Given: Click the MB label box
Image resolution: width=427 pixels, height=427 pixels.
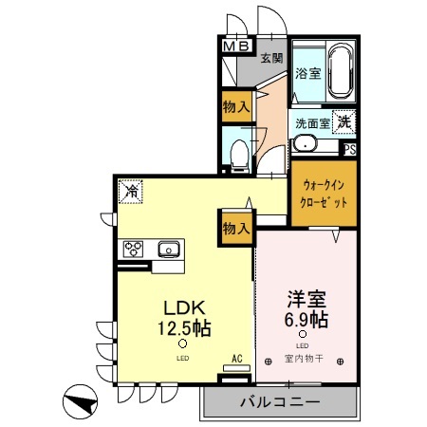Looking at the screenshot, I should click(236, 46).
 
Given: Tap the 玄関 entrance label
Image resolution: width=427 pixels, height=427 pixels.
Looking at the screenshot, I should click(271, 58).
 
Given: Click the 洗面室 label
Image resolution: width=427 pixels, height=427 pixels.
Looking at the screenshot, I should click(311, 123).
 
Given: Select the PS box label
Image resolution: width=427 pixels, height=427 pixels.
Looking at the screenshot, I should click(349, 149).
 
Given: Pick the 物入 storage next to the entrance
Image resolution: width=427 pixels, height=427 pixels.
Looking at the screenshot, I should click(236, 107).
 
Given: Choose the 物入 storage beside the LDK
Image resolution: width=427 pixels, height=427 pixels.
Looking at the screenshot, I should click(236, 228).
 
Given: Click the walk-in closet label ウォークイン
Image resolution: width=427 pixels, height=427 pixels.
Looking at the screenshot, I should click(324, 186).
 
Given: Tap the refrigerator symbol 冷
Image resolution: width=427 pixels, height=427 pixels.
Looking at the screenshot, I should click(130, 192).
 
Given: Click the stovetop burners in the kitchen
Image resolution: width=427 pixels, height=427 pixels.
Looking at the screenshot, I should click(131, 250).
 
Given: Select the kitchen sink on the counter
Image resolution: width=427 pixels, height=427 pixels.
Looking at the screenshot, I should click(169, 250).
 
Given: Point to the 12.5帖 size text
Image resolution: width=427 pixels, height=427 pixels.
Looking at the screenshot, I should click(183, 327).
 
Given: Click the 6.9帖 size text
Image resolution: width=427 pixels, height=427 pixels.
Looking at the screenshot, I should click(304, 318).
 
